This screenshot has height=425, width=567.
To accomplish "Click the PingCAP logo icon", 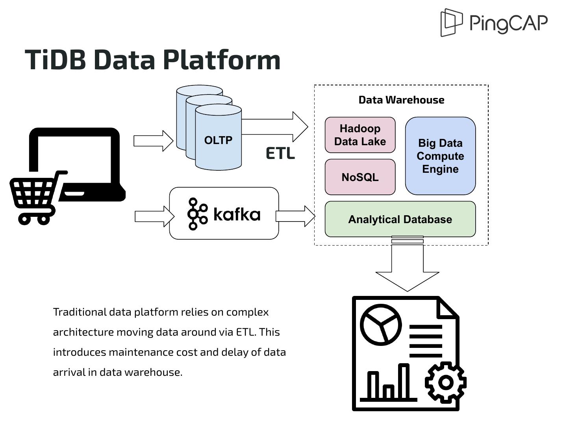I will pos(451,22).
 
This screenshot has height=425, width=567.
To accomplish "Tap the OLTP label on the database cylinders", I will pos(218,140).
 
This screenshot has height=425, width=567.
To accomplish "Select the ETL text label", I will pos(280,153).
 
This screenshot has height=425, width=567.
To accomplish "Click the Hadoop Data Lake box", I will pos(360,135).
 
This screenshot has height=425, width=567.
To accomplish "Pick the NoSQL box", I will pos(360,177).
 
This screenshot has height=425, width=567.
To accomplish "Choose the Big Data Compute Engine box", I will pos(440,156).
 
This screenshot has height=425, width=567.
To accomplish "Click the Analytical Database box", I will pos(400,219).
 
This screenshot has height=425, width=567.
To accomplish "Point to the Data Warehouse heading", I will pos(401,100).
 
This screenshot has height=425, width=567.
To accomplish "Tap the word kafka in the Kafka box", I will pos(237,214).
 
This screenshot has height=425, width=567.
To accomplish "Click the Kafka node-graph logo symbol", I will pos(197,214).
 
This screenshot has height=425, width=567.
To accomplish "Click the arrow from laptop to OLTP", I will pos(153,140).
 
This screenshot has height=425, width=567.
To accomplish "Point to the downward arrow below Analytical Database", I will pos(407,268).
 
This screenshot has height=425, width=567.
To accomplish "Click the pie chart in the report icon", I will pos(381,325).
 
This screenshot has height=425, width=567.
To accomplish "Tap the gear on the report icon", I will pos(446,382).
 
